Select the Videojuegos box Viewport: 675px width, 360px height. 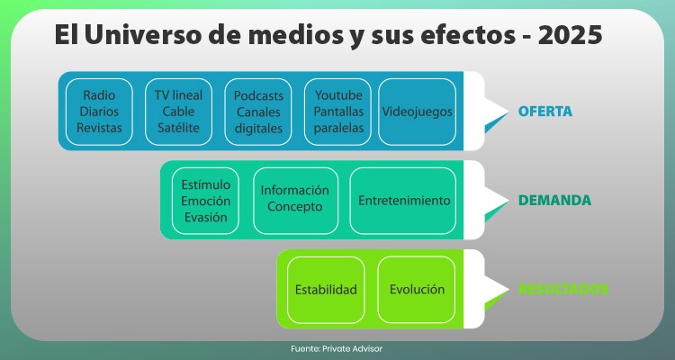coord(417,112)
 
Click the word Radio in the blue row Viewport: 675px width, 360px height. coord(99,95)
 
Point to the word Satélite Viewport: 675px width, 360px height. coord(178,128)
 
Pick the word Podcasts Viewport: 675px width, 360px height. coord(258,95)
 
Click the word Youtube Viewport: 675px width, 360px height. coord(338,95)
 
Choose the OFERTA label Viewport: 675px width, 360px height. coord(545,112)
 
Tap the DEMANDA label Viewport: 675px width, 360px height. coord(554,201)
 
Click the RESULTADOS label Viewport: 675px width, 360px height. coord(563,290)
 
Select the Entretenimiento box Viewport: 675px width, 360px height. coord(403,201)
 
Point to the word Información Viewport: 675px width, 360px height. coord(295,190)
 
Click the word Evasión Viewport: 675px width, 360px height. coord(206,218)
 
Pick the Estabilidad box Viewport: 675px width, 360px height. coord(326,290)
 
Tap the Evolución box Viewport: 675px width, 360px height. coord(417,290)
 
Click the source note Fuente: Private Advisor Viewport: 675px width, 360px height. coord(337,349)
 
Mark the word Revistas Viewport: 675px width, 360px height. coord(99,128)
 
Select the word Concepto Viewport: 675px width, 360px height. coord(295,207)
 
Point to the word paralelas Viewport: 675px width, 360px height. coord(338,128)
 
